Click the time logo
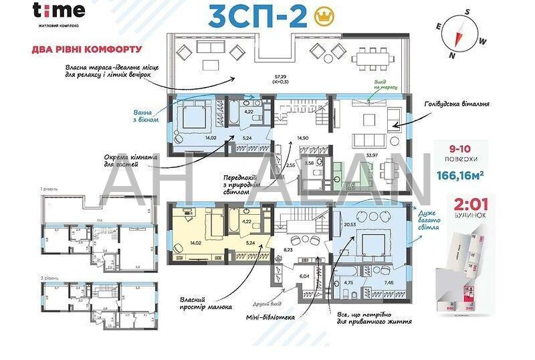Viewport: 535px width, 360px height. pyautogui.click(x=59, y=11)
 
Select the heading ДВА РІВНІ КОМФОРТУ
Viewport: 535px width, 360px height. pyautogui.click(x=87, y=50)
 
